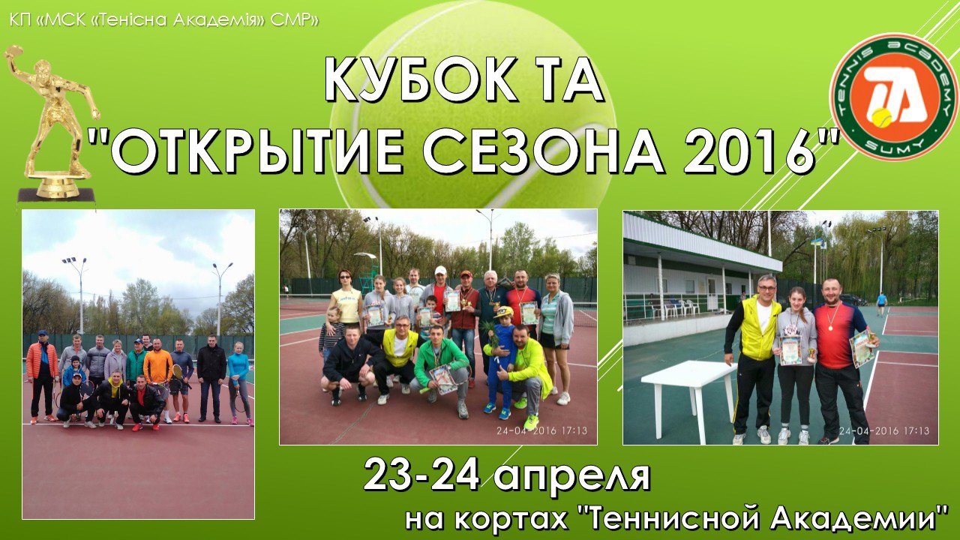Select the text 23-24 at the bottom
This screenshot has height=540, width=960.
[421, 475]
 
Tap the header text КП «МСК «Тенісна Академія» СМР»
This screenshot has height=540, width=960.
[163, 20]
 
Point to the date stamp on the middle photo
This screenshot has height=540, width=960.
[541, 430]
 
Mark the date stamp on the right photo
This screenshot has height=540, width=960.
[884, 430]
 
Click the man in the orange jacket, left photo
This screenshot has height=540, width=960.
[42, 375]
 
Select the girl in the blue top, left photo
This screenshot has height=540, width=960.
[238, 382]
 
